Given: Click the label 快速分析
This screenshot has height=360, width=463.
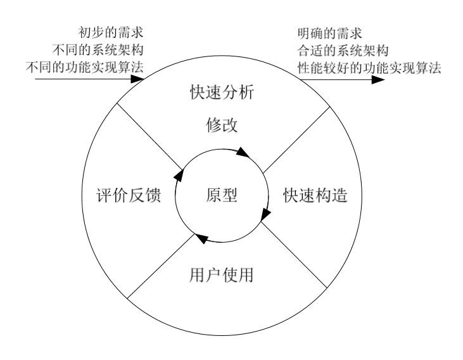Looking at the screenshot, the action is [x=222, y=92].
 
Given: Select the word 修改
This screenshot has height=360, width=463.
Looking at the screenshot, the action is [x=222, y=125].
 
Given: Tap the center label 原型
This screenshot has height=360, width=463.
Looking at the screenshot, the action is [x=222, y=195].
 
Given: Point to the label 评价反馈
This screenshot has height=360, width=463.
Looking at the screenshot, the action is [x=129, y=195].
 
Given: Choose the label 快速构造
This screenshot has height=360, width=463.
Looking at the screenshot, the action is [x=315, y=195].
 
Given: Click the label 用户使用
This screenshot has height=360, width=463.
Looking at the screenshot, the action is [x=221, y=275].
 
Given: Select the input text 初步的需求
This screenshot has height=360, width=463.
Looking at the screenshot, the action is [x=111, y=32].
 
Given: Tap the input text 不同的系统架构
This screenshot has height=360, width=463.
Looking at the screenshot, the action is [x=98, y=49].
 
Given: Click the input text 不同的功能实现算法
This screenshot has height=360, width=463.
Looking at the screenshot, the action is [x=85, y=67].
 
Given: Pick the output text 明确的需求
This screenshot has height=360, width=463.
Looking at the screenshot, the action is [x=329, y=33].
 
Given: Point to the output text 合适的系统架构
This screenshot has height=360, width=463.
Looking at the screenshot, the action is [x=343, y=51].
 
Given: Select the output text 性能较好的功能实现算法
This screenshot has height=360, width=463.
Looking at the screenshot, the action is [x=369, y=68].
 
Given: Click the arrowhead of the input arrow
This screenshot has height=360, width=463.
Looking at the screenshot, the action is [x=137, y=79].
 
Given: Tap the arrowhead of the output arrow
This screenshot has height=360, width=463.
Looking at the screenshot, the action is [x=378, y=79].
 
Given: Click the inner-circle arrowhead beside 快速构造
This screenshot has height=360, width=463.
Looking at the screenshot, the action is [x=265, y=214].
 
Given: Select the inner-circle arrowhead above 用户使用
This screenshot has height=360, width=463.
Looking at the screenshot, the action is [x=201, y=238].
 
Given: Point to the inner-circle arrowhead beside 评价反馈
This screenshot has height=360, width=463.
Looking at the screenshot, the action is [x=179, y=175].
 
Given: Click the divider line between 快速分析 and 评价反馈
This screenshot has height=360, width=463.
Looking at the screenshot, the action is [x=150, y=136].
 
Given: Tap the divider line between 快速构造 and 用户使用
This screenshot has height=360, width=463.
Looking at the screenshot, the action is [x=294, y=255].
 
